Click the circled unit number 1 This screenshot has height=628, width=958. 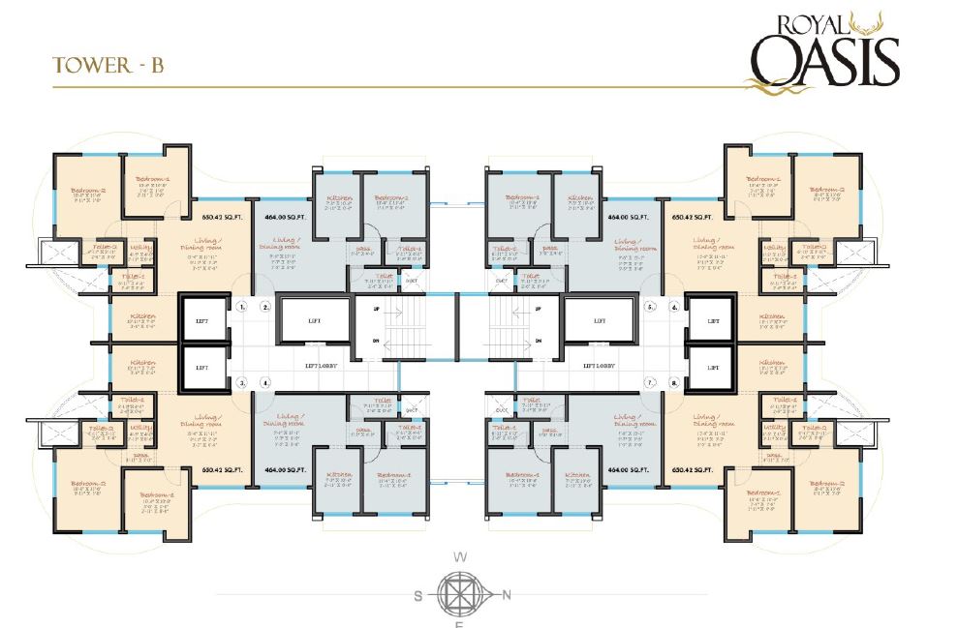pyautogui.click(x=241, y=308)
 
